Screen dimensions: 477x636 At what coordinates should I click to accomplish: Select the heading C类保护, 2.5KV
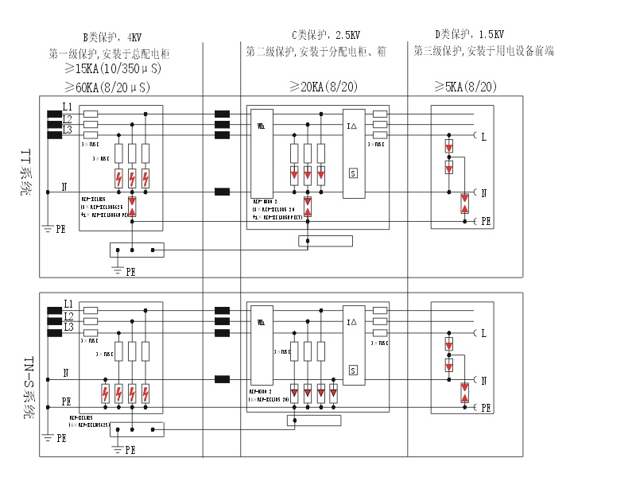326,36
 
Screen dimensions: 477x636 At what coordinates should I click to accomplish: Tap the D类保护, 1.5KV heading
469,36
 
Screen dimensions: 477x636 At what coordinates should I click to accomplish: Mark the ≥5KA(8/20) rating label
465,86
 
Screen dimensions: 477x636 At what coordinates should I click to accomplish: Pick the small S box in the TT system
353,173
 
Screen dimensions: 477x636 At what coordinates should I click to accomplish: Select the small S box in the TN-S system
353,370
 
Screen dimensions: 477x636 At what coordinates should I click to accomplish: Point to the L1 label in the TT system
68,107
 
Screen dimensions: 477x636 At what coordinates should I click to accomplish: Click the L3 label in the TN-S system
68,327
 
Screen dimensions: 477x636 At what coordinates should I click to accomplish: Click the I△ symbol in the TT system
353,125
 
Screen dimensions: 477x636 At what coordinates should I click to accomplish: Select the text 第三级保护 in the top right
437,51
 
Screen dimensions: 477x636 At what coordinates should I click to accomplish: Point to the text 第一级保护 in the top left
72,54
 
